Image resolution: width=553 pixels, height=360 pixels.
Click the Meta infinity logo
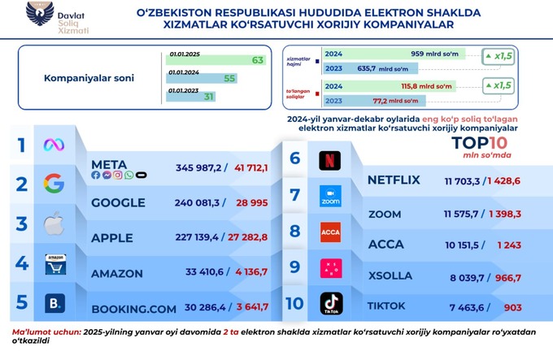pos(54,145)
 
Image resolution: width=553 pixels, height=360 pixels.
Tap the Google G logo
pos(54,184)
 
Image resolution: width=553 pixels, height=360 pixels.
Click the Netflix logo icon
pos(329,158)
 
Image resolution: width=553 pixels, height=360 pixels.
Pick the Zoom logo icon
pos(329,196)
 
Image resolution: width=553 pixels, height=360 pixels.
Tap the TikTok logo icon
pos(329,304)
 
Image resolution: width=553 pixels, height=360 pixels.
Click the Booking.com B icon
pos(54,304)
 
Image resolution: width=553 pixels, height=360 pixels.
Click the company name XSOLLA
pos(390,275)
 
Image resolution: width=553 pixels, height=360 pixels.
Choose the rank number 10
pos(295,304)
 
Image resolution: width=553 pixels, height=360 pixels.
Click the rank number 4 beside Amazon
pos(23,263)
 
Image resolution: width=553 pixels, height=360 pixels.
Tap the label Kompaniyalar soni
pos(77,79)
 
